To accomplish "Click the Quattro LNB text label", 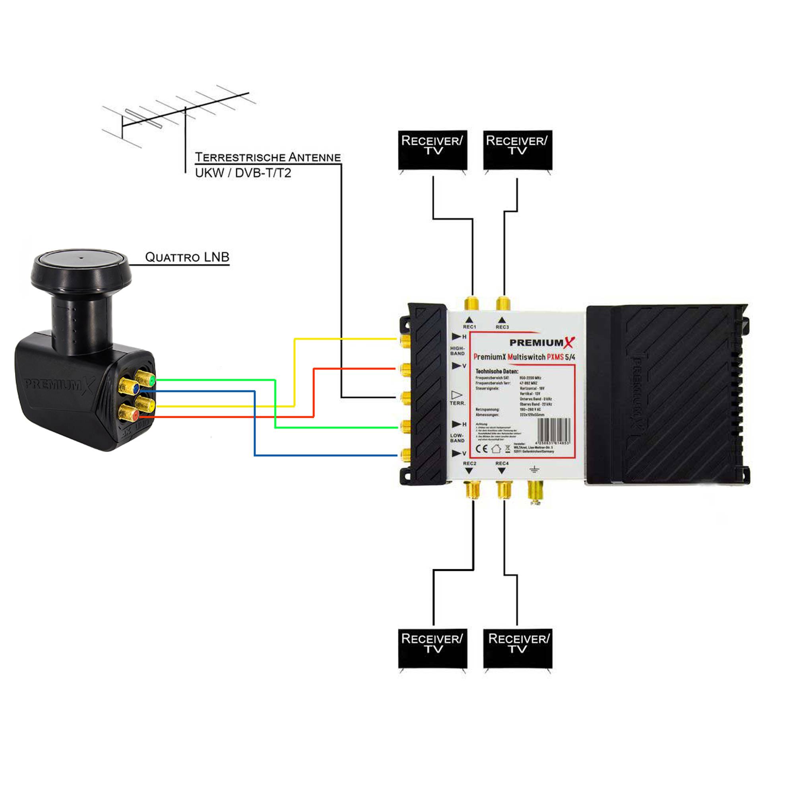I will tap(187, 257).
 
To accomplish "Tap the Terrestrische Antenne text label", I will tap(268, 157).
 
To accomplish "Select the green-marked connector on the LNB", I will tap(146, 378).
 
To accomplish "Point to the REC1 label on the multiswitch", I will tap(469, 327).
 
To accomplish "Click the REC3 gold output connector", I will tap(503, 304).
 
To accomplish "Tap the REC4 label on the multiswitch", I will tap(502, 463).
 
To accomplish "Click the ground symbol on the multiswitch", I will tap(534, 469).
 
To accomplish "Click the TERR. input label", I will tap(457, 403).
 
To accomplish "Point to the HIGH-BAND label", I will tap(457, 351).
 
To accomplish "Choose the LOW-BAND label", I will tap(457, 438).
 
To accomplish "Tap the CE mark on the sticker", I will tap(481, 448).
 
